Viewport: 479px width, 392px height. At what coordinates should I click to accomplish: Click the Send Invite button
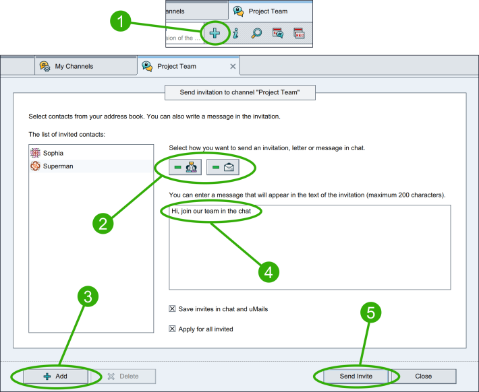(x=356, y=376)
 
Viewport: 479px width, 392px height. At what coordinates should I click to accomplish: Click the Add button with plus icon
(x=55, y=376)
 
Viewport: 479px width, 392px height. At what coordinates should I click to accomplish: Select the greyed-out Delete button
(x=123, y=376)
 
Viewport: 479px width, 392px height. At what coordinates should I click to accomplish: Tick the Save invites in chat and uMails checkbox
(x=172, y=308)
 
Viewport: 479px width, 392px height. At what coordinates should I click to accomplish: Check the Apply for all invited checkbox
(x=172, y=329)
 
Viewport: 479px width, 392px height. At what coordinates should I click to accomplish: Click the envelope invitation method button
(x=223, y=167)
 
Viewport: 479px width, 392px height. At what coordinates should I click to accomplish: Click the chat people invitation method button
(x=185, y=167)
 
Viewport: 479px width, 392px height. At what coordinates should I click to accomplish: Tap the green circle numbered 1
(x=120, y=21)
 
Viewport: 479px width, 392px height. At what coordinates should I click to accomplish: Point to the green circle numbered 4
(x=269, y=272)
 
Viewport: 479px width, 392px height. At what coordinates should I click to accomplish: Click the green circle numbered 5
(x=370, y=313)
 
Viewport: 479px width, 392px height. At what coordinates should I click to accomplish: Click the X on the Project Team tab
(x=233, y=66)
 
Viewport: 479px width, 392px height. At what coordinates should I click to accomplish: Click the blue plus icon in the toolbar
(x=215, y=33)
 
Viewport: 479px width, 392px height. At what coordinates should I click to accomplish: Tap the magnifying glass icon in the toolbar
(x=256, y=33)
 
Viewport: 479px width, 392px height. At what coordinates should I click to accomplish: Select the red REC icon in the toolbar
(x=299, y=33)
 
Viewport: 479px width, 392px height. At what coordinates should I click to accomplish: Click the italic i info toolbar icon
(x=236, y=33)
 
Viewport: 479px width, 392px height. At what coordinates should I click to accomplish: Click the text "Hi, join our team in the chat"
(x=211, y=211)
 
